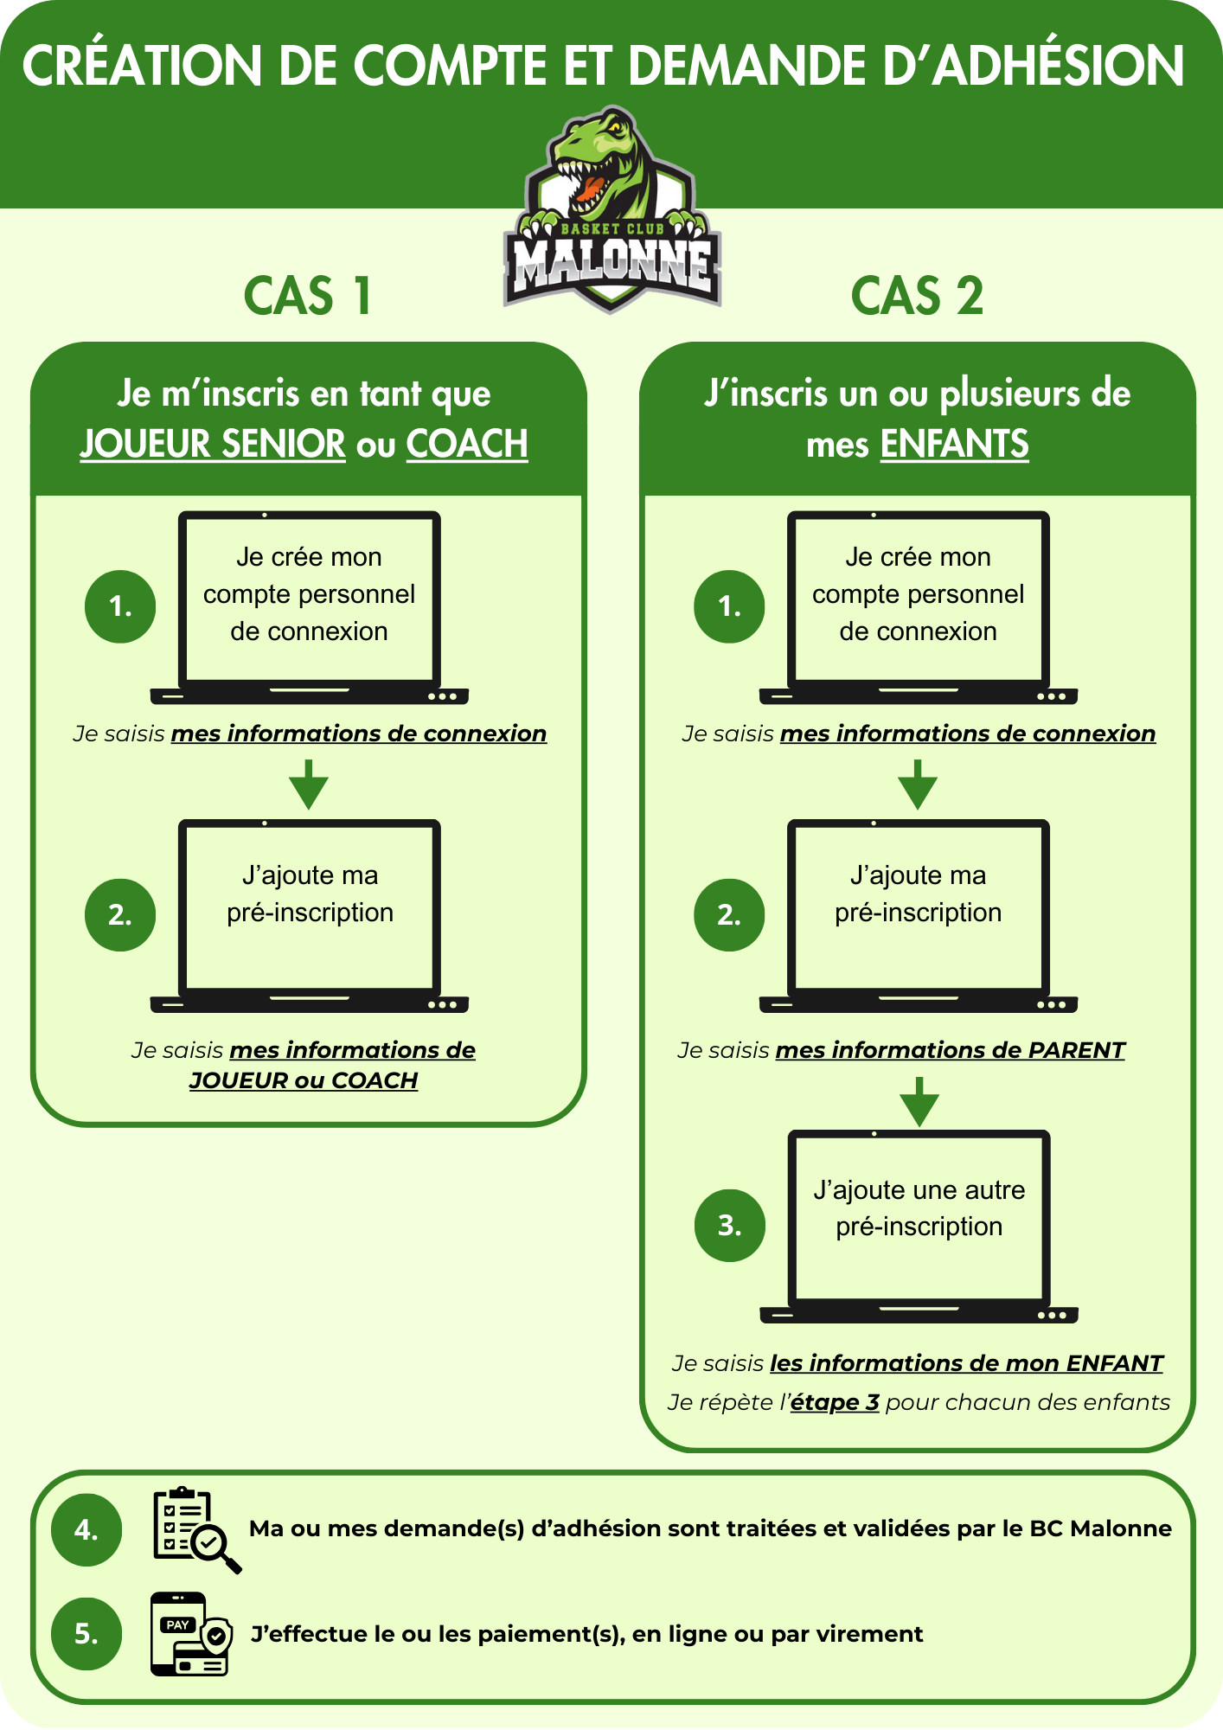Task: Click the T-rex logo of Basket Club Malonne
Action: [611, 209]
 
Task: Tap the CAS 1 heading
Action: [308, 296]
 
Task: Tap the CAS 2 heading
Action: [917, 296]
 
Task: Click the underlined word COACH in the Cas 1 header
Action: [467, 444]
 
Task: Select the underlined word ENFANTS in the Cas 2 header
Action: [954, 444]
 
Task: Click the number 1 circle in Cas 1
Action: [120, 606]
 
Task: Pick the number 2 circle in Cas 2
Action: [729, 915]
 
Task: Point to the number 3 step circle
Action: [730, 1226]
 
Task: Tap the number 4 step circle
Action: [86, 1530]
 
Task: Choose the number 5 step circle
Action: [86, 1634]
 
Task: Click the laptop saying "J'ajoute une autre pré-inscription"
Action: [919, 1227]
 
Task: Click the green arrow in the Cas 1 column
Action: [309, 785]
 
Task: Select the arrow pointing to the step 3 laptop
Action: [919, 1101]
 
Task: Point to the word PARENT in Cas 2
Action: [1076, 1050]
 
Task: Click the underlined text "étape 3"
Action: [835, 1402]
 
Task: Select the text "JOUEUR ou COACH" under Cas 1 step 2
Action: [304, 1080]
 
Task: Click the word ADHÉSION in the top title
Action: [1061, 66]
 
